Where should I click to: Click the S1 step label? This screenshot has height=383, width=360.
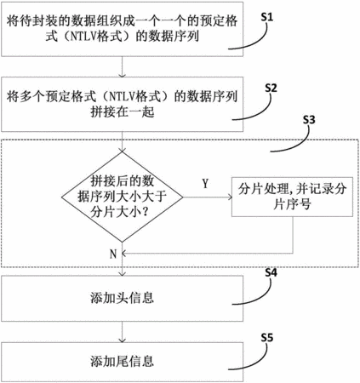(266, 17)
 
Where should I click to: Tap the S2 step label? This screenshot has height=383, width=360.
(271, 89)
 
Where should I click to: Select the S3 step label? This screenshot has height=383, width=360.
(309, 120)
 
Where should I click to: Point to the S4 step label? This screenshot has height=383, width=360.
(271, 272)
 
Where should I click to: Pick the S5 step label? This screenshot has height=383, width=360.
(266, 338)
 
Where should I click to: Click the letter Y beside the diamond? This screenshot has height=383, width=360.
(205, 184)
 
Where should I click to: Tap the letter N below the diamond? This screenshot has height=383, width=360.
(113, 254)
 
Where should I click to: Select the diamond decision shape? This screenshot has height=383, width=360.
(123, 197)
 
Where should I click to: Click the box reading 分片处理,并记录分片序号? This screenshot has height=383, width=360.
(292, 197)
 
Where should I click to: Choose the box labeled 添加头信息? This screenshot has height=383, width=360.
(123, 298)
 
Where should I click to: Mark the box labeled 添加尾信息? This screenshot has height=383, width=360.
(123, 362)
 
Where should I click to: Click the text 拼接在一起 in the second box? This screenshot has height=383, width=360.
(123, 112)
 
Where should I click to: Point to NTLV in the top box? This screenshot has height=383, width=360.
(80, 37)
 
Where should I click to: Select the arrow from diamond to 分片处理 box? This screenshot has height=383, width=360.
(208, 197)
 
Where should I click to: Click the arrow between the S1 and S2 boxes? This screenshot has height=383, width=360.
(123, 66)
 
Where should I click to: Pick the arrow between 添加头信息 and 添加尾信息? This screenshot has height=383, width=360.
(123, 332)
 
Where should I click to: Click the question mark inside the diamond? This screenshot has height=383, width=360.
(145, 212)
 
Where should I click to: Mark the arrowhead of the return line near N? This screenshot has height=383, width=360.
(124, 254)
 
